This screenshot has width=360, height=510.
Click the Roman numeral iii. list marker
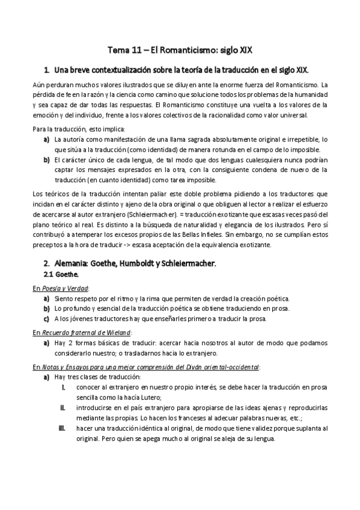tap(62, 428)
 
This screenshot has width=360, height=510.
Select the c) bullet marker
tap(46, 319)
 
